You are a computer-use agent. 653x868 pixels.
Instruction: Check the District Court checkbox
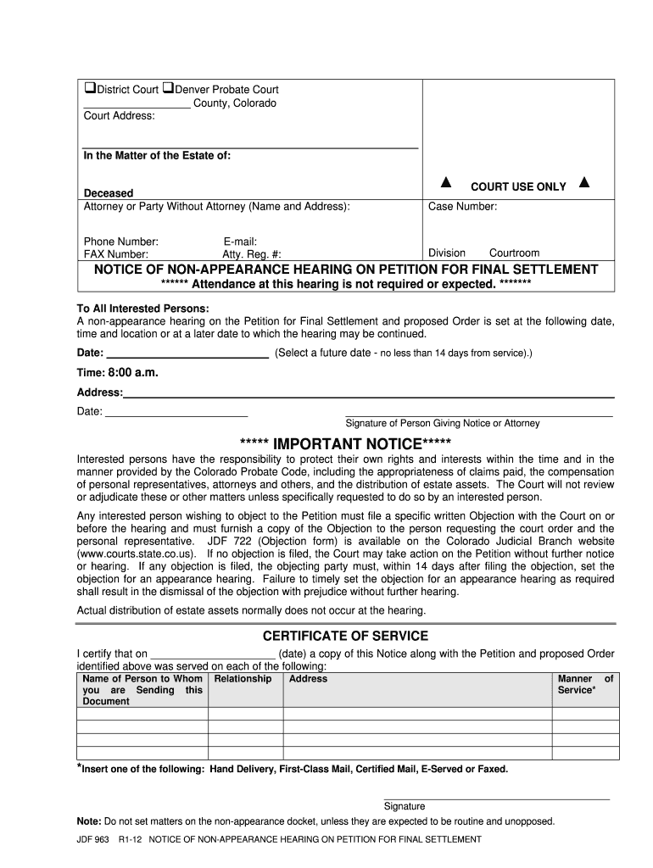(88, 89)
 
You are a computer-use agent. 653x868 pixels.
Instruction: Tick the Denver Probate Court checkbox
(168, 89)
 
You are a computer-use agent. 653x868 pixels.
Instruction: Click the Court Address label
(119, 116)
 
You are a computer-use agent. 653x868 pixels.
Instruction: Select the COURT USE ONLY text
(518, 186)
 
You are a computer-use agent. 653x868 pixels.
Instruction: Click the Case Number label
(462, 207)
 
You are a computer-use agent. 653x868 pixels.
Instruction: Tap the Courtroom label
(514, 253)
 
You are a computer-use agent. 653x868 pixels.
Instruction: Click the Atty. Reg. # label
(252, 253)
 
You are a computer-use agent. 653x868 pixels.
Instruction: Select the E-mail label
(240, 242)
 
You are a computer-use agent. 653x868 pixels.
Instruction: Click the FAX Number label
(116, 253)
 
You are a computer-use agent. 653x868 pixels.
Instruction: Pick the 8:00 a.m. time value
(133, 373)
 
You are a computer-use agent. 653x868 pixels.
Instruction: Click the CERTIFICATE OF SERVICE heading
(345, 636)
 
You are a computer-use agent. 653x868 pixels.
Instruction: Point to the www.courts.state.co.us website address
(140, 554)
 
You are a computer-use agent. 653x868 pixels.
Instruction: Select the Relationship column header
(243, 679)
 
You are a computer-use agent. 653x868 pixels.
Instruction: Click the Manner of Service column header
(584, 685)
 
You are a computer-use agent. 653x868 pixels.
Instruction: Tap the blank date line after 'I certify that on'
(213, 654)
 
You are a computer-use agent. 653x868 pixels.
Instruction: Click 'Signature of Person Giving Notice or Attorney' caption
(442, 423)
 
